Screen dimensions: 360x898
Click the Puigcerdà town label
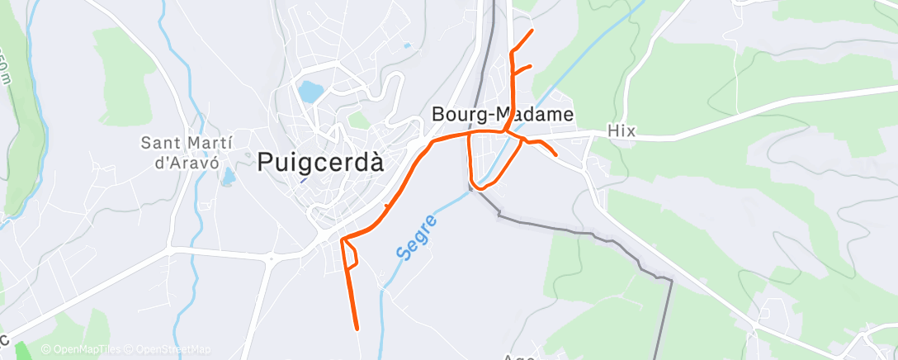(x=320, y=163)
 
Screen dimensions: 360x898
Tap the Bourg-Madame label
(x=503, y=115)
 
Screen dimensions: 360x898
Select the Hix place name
(x=619, y=130)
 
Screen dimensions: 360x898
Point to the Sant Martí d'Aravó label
(x=181, y=151)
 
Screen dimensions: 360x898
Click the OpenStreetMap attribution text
(x=173, y=350)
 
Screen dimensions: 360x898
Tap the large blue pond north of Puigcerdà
(x=310, y=91)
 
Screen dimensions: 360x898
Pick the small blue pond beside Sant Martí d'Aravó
(x=229, y=175)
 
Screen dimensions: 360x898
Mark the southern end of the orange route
(x=357, y=329)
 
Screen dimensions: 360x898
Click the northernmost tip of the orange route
(x=532, y=31)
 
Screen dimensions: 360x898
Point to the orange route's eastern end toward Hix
(x=556, y=154)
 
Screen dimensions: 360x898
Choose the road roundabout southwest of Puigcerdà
(x=271, y=259)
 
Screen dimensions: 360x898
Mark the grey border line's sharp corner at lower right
(x=672, y=281)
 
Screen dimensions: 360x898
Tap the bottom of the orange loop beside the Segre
(x=477, y=187)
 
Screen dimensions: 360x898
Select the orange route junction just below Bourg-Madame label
(x=505, y=131)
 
